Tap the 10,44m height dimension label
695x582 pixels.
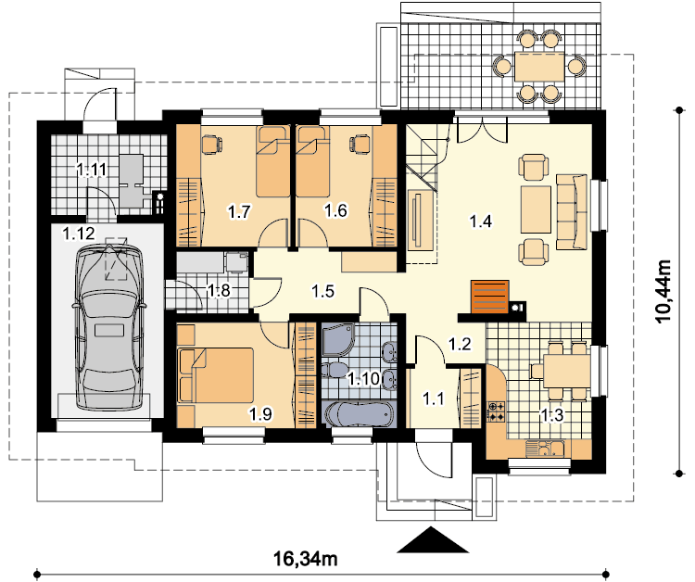click(x=664, y=291)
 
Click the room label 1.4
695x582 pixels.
click(x=480, y=221)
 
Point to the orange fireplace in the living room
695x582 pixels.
click(x=489, y=297)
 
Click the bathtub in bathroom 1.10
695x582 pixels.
click(x=359, y=414)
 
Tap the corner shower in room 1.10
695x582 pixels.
click(x=338, y=339)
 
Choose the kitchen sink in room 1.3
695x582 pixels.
click(x=544, y=449)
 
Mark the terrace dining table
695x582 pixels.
click(x=539, y=67)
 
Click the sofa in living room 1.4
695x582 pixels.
click(x=572, y=211)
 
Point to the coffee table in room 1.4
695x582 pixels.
click(x=536, y=209)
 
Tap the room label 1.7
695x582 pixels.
click(x=239, y=211)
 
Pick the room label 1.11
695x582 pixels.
click(x=92, y=169)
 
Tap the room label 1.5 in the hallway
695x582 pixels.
click(x=322, y=291)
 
